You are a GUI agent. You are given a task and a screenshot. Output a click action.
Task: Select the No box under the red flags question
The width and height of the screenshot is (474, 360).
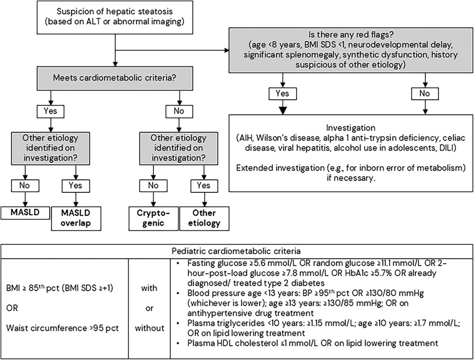coord(425,94)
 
